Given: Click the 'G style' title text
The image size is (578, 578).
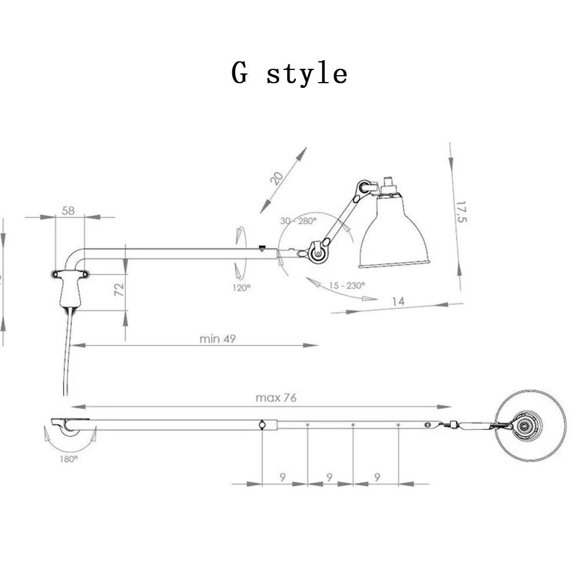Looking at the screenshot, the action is pos(290,73).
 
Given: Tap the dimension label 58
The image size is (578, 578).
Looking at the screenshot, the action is pos(68,210).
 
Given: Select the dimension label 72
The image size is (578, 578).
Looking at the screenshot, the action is pos(119,290).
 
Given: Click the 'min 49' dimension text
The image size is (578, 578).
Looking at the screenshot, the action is pos(217,338).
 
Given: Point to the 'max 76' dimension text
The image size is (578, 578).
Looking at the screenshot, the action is pos(276,398).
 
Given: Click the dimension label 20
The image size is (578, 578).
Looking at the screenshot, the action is pos(276,178).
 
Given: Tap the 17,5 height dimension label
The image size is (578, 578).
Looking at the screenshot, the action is pos(461,212).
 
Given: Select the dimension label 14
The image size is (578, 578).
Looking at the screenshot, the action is pos(398,302).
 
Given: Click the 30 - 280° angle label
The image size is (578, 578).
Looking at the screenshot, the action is pos(298,221).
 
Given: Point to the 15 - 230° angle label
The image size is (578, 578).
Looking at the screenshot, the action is pos(347,286).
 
